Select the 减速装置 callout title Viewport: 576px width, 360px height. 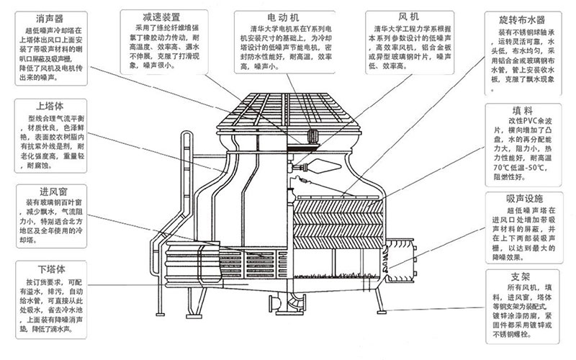pyautogui.click(x=156, y=15)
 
